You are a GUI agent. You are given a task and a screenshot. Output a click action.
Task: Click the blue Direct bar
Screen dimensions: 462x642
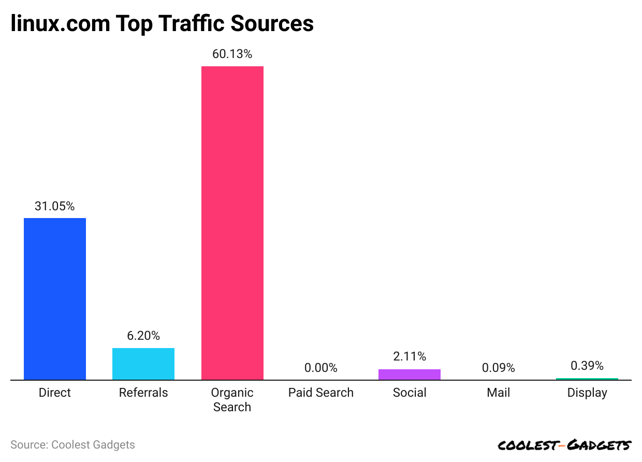[55, 299]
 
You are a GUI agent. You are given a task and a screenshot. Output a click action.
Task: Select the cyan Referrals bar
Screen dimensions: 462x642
[143, 364]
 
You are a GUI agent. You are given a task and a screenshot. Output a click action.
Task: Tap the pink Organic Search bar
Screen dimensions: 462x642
[232, 223]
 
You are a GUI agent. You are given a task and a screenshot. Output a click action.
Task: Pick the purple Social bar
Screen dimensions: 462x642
[410, 374]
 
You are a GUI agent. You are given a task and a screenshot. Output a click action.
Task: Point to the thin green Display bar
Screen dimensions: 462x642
[587, 379]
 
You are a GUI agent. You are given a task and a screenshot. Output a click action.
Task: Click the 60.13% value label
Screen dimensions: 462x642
[232, 54]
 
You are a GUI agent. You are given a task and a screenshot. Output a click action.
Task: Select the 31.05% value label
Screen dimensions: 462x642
[55, 206]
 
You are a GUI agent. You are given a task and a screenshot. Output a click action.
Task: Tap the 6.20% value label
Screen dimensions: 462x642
[143, 336]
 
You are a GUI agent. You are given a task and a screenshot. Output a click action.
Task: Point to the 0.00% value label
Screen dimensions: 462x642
[321, 368]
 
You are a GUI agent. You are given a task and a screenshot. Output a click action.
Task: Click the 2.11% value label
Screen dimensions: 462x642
[410, 356]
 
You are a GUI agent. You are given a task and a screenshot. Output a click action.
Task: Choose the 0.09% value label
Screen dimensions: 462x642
[498, 368]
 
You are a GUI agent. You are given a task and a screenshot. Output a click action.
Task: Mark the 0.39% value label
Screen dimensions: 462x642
[587, 366]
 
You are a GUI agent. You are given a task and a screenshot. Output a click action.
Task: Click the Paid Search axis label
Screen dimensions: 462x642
[321, 393]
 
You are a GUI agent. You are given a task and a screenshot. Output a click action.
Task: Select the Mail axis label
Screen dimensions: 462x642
[498, 393]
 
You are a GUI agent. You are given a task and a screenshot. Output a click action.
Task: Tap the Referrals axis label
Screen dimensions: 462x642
[143, 393]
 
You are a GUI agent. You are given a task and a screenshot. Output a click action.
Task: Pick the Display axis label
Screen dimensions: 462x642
[587, 393]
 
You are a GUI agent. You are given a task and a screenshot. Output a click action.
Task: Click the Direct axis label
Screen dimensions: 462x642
[55, 393]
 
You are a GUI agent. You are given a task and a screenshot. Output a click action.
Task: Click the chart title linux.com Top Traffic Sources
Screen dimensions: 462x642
[162, 23]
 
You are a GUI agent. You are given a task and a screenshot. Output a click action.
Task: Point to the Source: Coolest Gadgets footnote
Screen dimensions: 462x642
[72, 444]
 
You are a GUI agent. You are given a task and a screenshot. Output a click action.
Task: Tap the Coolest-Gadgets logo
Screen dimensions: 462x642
[564, 445]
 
